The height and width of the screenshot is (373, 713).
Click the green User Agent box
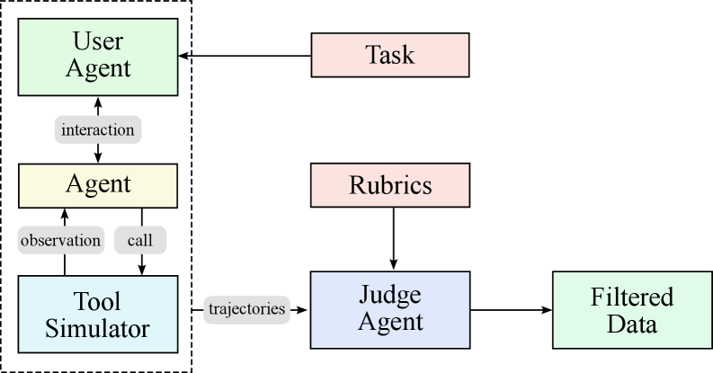pos(97,56)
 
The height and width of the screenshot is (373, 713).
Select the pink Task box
pos(389,55)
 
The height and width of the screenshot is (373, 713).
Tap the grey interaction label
pos(98,129)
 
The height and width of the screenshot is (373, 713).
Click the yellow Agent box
pos(97,185)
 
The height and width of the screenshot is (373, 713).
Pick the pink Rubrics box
pos(389,185)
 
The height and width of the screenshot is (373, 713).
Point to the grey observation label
pos(60,240)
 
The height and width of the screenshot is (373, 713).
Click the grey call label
pos(139,240)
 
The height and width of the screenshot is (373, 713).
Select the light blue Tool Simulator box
pos(97,314)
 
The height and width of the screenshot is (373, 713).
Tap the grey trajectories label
pos(246,309)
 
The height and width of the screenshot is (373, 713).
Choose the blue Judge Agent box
pos(389,308)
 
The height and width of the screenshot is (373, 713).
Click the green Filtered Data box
pos(631,310)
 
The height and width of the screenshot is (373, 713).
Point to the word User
pos(98,41)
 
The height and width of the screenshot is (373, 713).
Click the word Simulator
pos(98,328)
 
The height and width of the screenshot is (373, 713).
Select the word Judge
pos(390,295)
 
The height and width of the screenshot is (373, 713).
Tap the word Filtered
pos(631,297)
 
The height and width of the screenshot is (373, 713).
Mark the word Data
pos(631,324)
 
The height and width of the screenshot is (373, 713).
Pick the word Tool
pos(98,301)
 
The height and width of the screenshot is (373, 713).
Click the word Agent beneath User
pos(98,68)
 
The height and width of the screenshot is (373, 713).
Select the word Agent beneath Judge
pos(390,322)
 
